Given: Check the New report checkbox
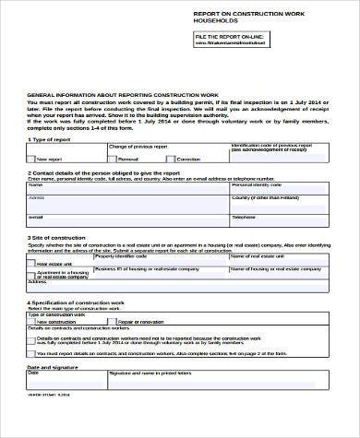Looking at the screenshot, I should (33, 160).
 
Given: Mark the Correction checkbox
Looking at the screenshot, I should (171, 160).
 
